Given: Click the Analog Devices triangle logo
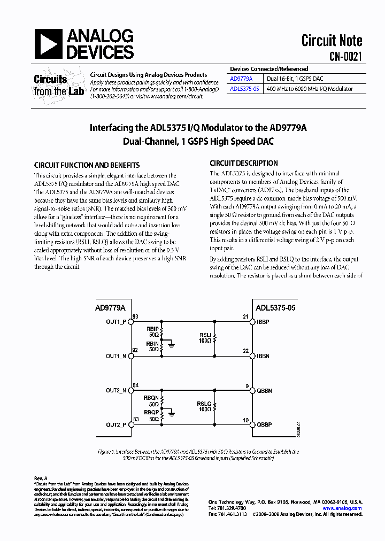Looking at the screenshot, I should tap(49, 44).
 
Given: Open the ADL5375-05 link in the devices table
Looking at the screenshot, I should tap(244, 89).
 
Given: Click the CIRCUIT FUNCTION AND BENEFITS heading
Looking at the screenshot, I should tap(87, 165).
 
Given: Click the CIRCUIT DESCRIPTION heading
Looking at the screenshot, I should tap(244, 163).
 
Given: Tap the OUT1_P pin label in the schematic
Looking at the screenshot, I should tap(116, 322).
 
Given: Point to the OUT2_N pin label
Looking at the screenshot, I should tap(116, 391).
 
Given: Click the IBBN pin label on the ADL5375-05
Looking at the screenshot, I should tap(263, 356).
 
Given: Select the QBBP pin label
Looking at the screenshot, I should tap(264, 425).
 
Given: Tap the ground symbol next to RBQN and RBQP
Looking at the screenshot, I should tap(171, 413).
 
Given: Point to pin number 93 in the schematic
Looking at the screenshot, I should tap(135, 317).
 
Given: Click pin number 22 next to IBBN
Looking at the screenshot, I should tap(245, 351).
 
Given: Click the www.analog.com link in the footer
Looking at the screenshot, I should tap(346, 508).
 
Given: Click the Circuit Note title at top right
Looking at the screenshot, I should tap(332, 41).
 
